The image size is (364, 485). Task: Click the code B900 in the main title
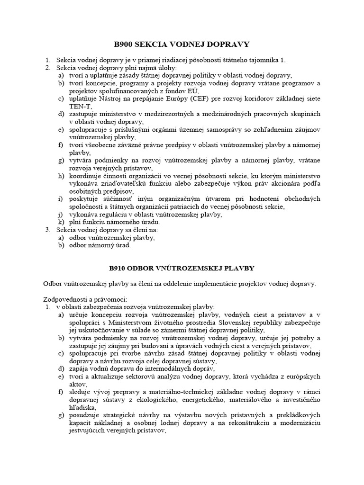tap(125, 45)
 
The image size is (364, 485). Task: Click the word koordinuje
tap(85, 176)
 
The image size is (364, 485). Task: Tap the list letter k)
tap(61, 222)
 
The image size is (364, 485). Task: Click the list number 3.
tap(48, 230)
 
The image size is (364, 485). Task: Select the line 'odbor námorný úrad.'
tap(100, 245)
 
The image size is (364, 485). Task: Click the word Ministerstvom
tap(126, 322)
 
